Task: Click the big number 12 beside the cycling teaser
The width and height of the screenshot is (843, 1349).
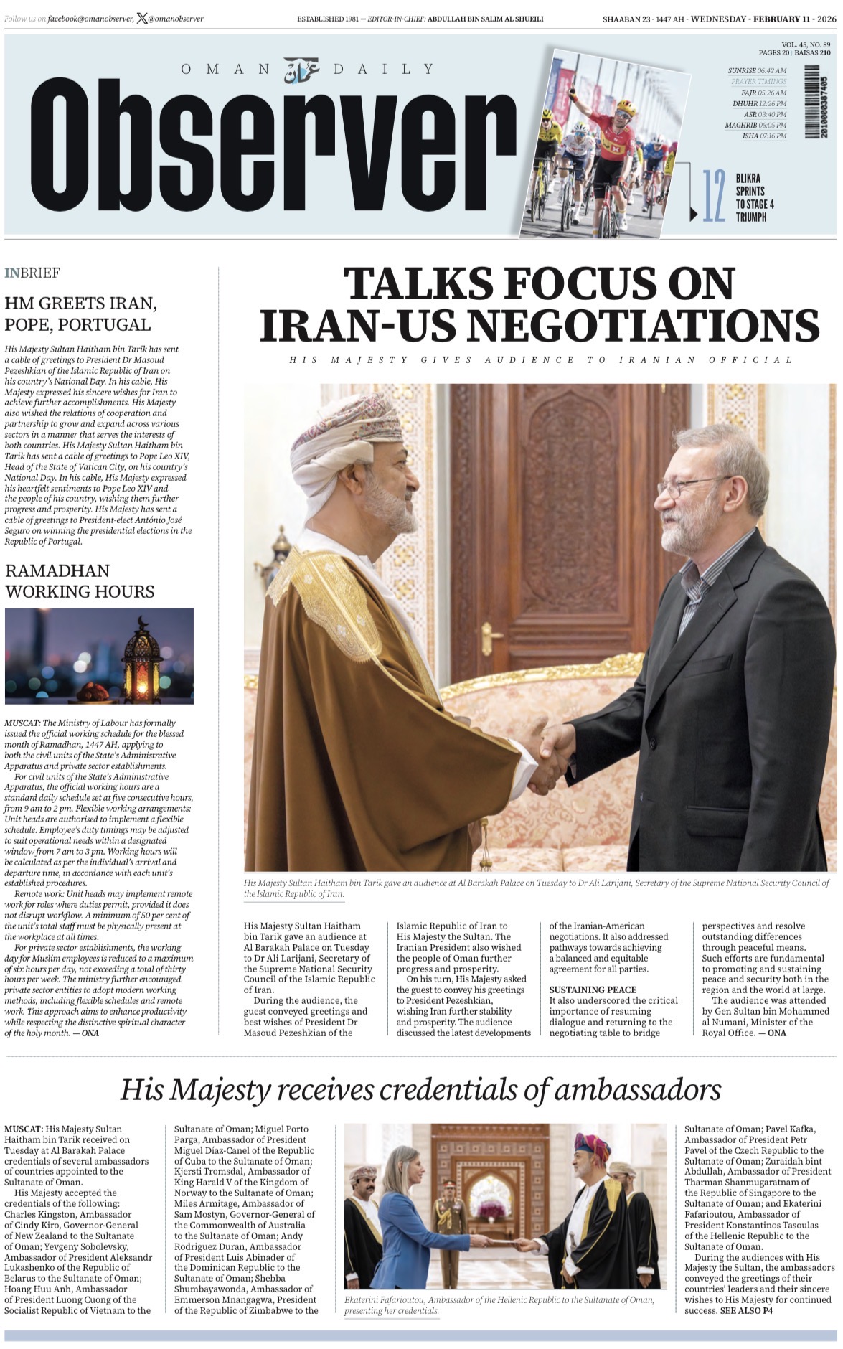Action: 713,196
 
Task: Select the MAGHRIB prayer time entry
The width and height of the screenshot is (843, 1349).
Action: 755,125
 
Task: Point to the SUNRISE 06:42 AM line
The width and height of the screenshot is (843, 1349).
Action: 757,71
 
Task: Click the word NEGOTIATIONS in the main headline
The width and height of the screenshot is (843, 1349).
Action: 644,324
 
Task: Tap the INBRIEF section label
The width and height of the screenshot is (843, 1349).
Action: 32,273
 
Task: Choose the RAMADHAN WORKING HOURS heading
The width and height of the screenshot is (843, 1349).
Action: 79,581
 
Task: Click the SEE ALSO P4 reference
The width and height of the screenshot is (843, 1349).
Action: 746,1310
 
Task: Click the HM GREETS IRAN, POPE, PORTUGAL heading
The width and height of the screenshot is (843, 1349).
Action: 80,314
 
